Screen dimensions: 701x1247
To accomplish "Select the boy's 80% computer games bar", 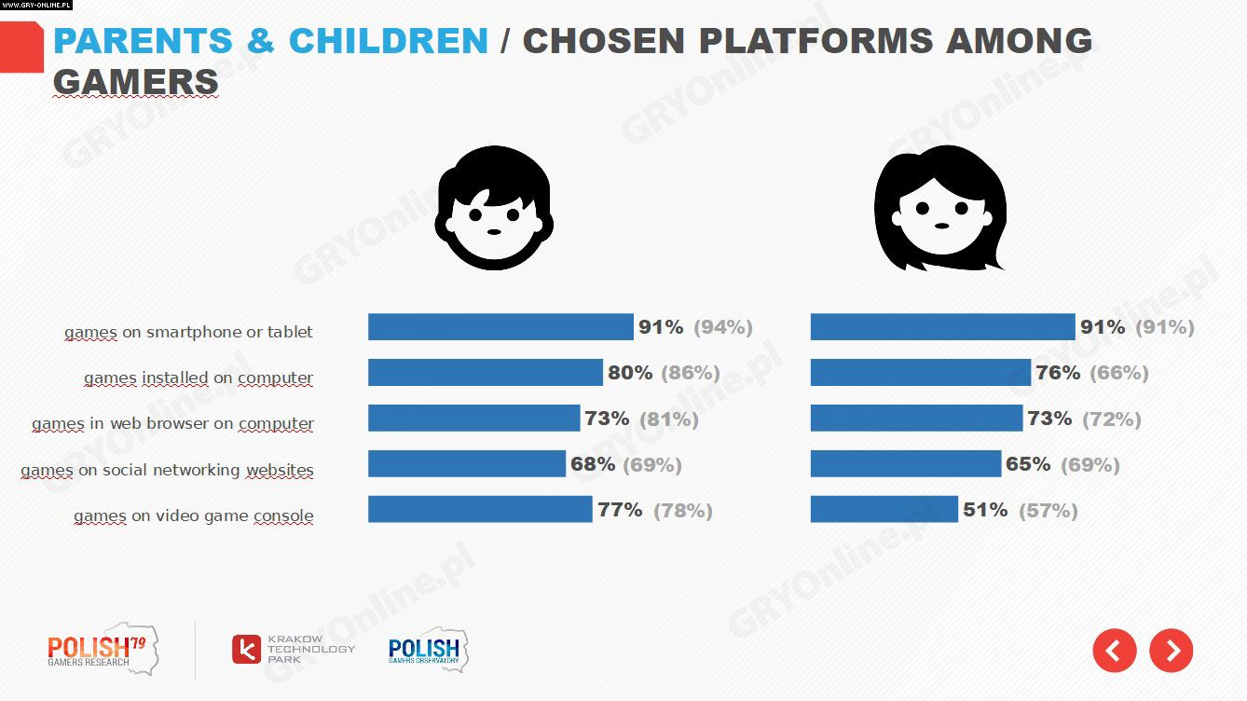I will click(x=485, y=373).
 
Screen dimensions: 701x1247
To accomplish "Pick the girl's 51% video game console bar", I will click(x=884, y=510).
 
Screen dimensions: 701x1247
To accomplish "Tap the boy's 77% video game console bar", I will click(x=480, y=510).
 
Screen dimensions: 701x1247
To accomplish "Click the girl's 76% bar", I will click(x=920, y=373).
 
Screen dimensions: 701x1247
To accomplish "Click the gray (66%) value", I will click(x=1118, y=373).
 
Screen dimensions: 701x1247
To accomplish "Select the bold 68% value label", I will click(x=594, y=464).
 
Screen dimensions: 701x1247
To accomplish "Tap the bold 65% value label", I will click(x=1027, y=464).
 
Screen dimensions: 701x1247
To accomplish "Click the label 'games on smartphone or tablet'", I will click(x=188, y=332).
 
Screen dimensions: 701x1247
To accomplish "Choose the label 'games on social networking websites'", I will click(x=167, y=470).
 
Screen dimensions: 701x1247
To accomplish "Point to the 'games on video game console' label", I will click(x=193, y=515).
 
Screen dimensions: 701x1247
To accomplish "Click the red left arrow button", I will click(x=1114, y=650).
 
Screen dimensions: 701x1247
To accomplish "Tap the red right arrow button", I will click(x=1172, y=650).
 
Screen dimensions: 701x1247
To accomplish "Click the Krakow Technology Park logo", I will click(x=293, y=649).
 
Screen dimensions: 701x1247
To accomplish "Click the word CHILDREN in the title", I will click(x=388, y=41).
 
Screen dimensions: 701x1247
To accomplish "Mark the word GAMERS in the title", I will click(x=136, y=82).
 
